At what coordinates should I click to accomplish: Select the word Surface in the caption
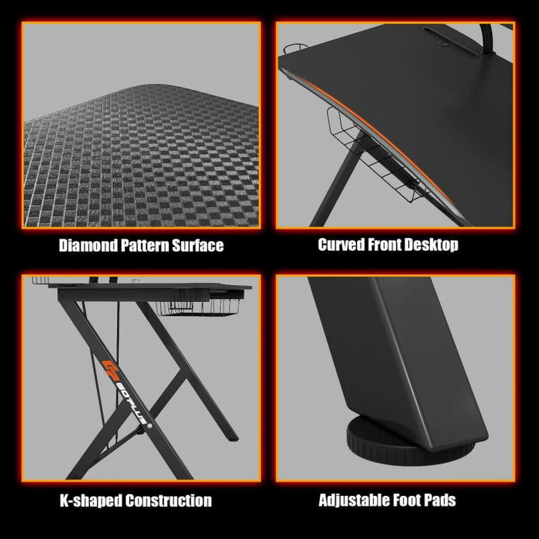tap(198, 246)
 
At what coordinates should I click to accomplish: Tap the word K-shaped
tap(89, 500)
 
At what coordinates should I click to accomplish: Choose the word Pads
tap(443, 500)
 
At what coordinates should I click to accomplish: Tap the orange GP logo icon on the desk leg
tap(109, 368)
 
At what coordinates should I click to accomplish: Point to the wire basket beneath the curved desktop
tap(377, 162)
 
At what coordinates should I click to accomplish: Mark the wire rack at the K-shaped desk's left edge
tap(40, 281)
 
